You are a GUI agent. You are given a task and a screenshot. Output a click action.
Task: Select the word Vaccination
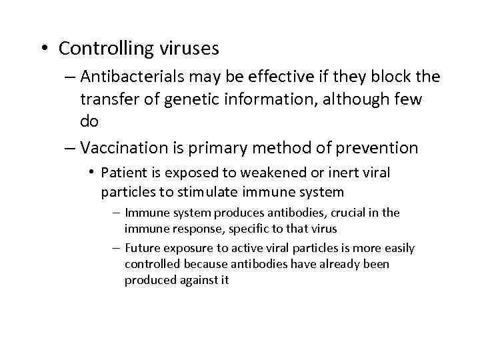click(x=122, y=147)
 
